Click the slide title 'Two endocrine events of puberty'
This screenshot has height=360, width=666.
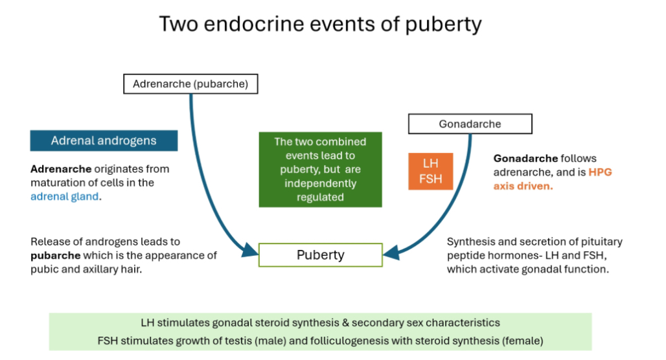[x=320, y=24]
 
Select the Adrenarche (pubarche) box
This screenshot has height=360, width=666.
[x=186, y=84]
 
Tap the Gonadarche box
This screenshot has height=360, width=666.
[x=470, y=124]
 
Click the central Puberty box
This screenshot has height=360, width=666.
[x=320, y=254]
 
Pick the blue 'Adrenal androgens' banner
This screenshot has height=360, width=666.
[x=104, y=141]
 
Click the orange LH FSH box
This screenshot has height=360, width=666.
[x=430, y=172]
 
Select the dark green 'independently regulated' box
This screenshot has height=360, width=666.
[x=320, y=170]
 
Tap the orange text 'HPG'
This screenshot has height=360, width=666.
[x=601, y=173]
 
